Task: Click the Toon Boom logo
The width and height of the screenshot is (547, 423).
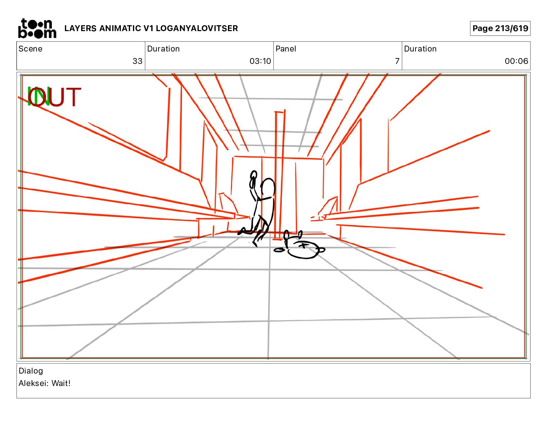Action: [37, 28]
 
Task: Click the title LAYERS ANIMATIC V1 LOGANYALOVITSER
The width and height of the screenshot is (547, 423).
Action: [151, 28]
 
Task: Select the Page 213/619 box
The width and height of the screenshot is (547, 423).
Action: [500, 28]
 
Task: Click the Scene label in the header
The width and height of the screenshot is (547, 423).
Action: [30, 49]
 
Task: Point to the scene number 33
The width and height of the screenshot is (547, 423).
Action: [137, 61]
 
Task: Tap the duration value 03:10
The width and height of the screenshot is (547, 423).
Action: [260, 61]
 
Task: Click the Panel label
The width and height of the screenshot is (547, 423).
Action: [286, 49]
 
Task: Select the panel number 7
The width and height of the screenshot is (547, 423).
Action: [397, 61]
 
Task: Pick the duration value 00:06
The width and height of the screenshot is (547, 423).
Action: [516, 61]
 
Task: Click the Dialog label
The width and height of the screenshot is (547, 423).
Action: [31, 371]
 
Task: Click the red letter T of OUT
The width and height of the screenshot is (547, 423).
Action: [73, 97]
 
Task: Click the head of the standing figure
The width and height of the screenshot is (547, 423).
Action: [268, 188]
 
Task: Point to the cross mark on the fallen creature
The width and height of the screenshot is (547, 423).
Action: [304, 245]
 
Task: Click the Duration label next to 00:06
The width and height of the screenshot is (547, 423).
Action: [420, 49]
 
